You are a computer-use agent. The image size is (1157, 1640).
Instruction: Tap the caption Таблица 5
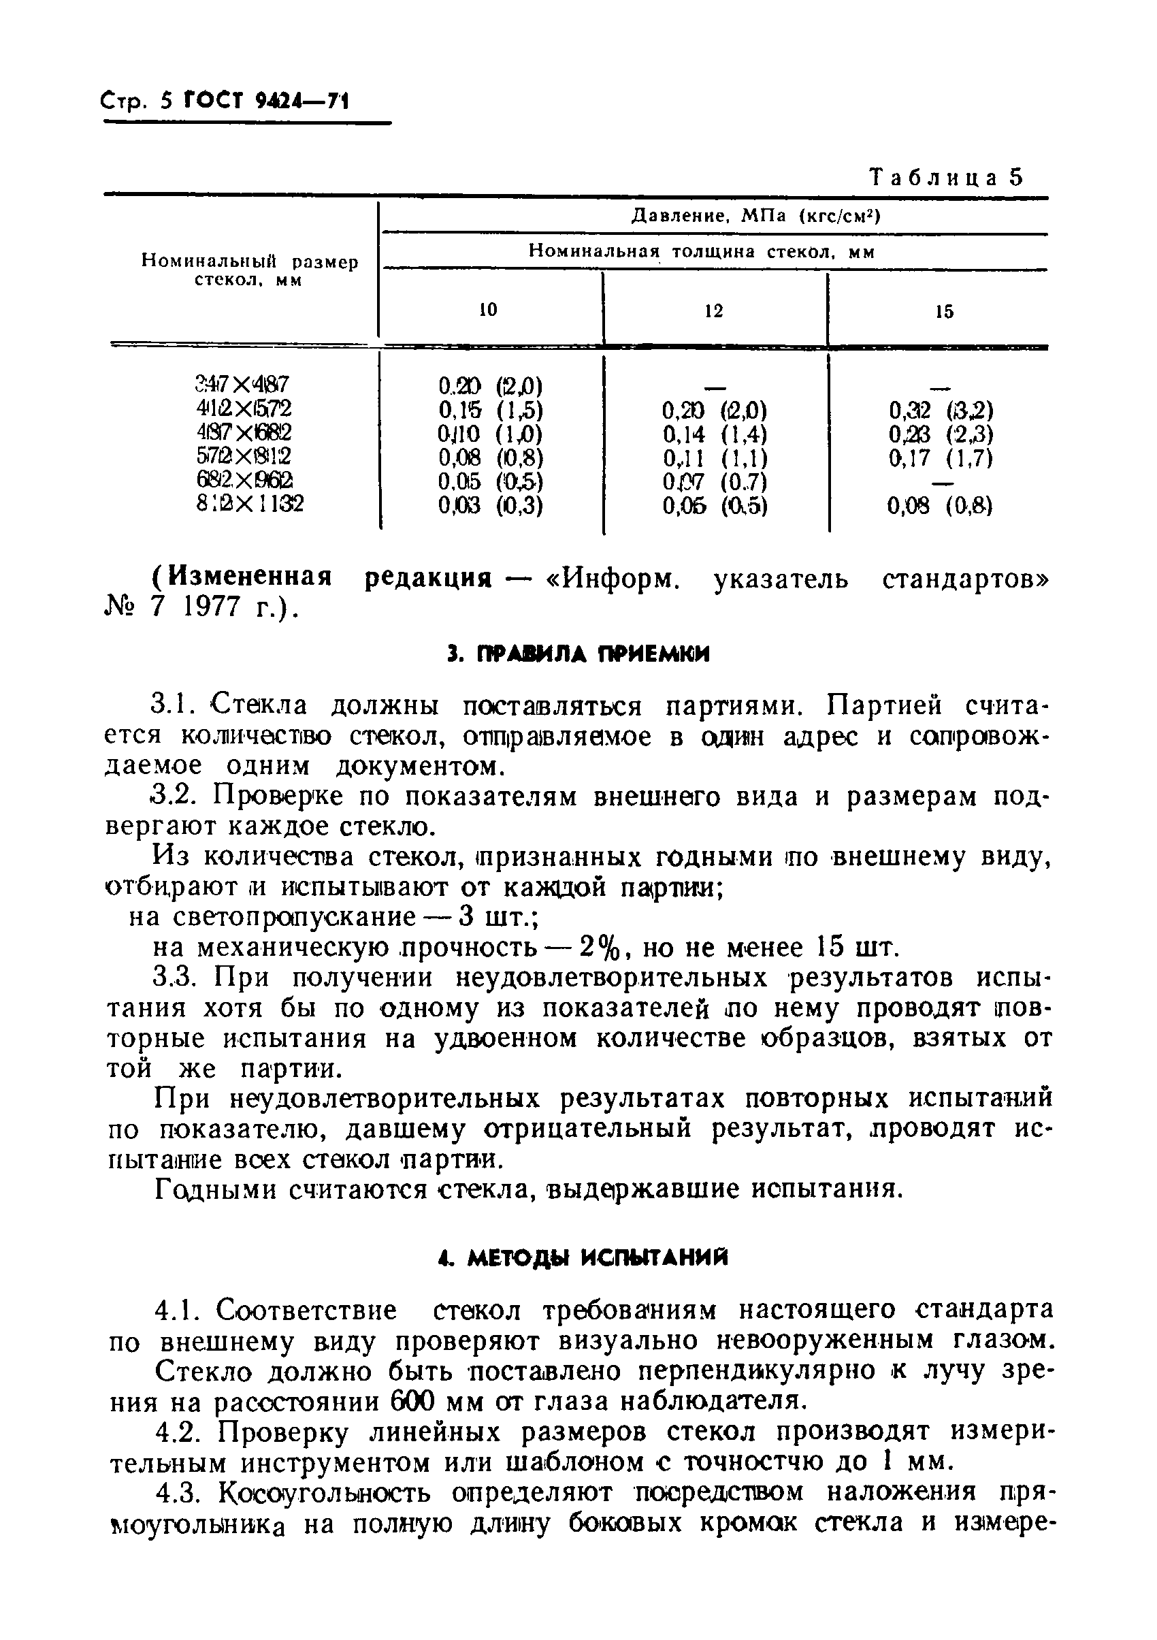945,178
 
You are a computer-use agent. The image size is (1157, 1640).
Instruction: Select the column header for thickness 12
713,310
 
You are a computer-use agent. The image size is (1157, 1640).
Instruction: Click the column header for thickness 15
944,311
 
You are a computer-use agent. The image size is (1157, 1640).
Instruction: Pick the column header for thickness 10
489,310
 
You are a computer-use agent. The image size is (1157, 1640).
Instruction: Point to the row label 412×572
244,408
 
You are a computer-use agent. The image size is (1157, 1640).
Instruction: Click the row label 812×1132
249,504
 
